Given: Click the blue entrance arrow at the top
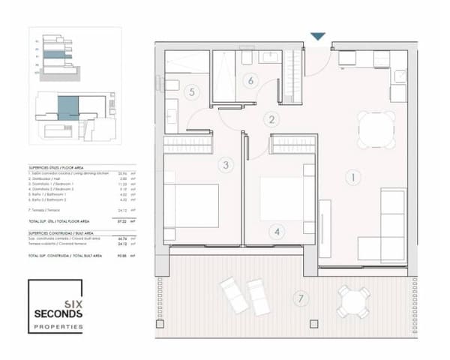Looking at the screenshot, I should (x=318, y=36).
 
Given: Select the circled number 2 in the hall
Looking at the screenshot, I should (x=273, y=118).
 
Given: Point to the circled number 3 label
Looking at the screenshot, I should (x=226, y=165).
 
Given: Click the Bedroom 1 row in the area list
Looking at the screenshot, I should (x=71, y=187).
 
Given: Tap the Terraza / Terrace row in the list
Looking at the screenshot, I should (x=71, y=211).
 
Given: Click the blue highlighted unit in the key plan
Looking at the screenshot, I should (x=67, y=107).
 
